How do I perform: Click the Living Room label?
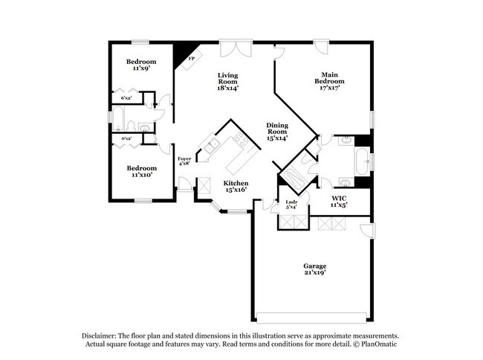coord(227,81)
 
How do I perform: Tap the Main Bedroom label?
coord(330,81)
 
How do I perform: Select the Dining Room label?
coord(276,131)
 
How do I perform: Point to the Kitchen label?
coord(236,186)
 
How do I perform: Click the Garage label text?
coord(314,269)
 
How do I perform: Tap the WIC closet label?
coord(339,200)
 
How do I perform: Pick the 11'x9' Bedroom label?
coord(140,65)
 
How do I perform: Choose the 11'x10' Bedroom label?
coord(140,172)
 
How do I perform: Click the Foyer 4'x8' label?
coord(184,162)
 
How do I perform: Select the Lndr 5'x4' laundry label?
coord(291,205)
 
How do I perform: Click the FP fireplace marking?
coord(191,58)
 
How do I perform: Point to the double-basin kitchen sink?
coord(211,147)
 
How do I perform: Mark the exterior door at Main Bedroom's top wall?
coord(322,47)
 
